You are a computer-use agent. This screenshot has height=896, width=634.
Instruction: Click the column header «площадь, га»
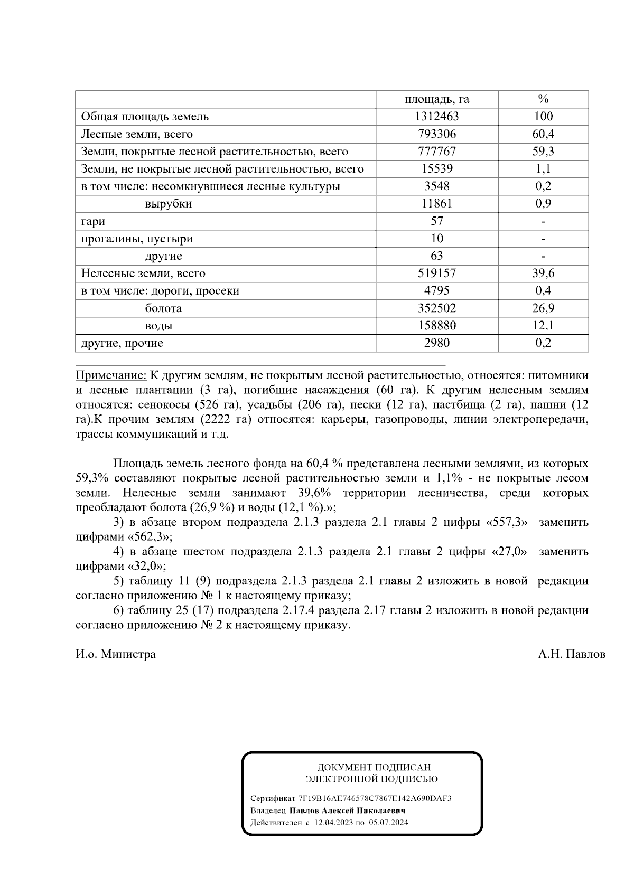point(436,99)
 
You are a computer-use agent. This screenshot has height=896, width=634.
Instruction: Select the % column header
point(543,99)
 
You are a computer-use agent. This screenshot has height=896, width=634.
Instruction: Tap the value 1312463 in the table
point(436,117)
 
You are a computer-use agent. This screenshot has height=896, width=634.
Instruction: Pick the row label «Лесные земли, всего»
point(137,134)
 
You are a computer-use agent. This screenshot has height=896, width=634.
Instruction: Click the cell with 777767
point(436,152)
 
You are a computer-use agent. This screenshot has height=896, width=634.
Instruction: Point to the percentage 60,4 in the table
point(543,134)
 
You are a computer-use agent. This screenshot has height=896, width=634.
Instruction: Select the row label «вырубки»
point(169,204)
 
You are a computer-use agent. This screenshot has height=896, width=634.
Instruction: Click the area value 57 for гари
point(436,221)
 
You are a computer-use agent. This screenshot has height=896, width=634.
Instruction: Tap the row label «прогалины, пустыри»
point(137,239)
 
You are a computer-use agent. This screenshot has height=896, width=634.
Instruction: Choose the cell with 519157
point(436,273)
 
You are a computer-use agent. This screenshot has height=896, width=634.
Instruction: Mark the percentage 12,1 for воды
point(543,326)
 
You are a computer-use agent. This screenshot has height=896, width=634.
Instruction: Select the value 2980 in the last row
point(436,343)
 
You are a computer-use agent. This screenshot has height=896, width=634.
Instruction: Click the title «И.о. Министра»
point(116,655)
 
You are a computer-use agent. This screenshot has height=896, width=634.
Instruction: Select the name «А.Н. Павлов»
point(572,655)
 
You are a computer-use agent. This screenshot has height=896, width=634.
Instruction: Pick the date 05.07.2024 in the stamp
point(388,823)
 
